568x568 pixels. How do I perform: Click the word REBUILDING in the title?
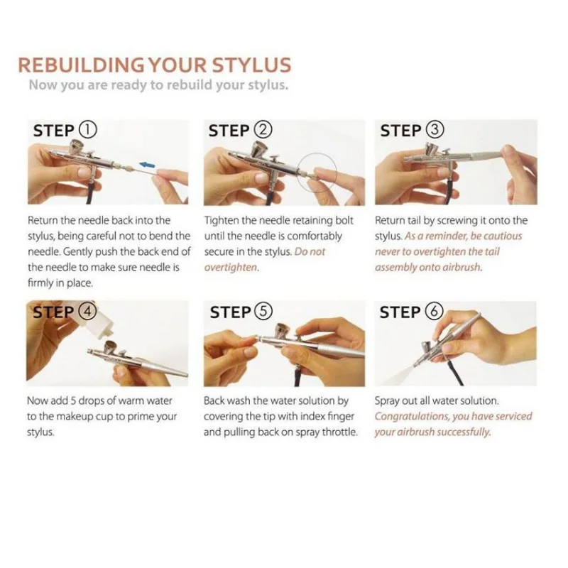[x=81, y=65]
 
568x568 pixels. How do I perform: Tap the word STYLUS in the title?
[x=251, y=65]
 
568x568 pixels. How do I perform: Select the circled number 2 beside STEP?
[x=263, y=130]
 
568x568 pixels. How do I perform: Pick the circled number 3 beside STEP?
[x=435, y=130]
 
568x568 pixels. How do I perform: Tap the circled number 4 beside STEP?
[x=87, y=312]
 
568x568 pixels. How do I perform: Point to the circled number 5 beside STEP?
[x=263, y=312]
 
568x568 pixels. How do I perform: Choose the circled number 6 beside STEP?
[x=435, y=312]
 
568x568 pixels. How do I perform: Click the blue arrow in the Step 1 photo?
[x=147, y=165]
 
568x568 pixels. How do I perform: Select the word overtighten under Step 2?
[x=231, y=268]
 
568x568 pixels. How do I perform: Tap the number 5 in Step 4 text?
[x=73, y=401]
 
